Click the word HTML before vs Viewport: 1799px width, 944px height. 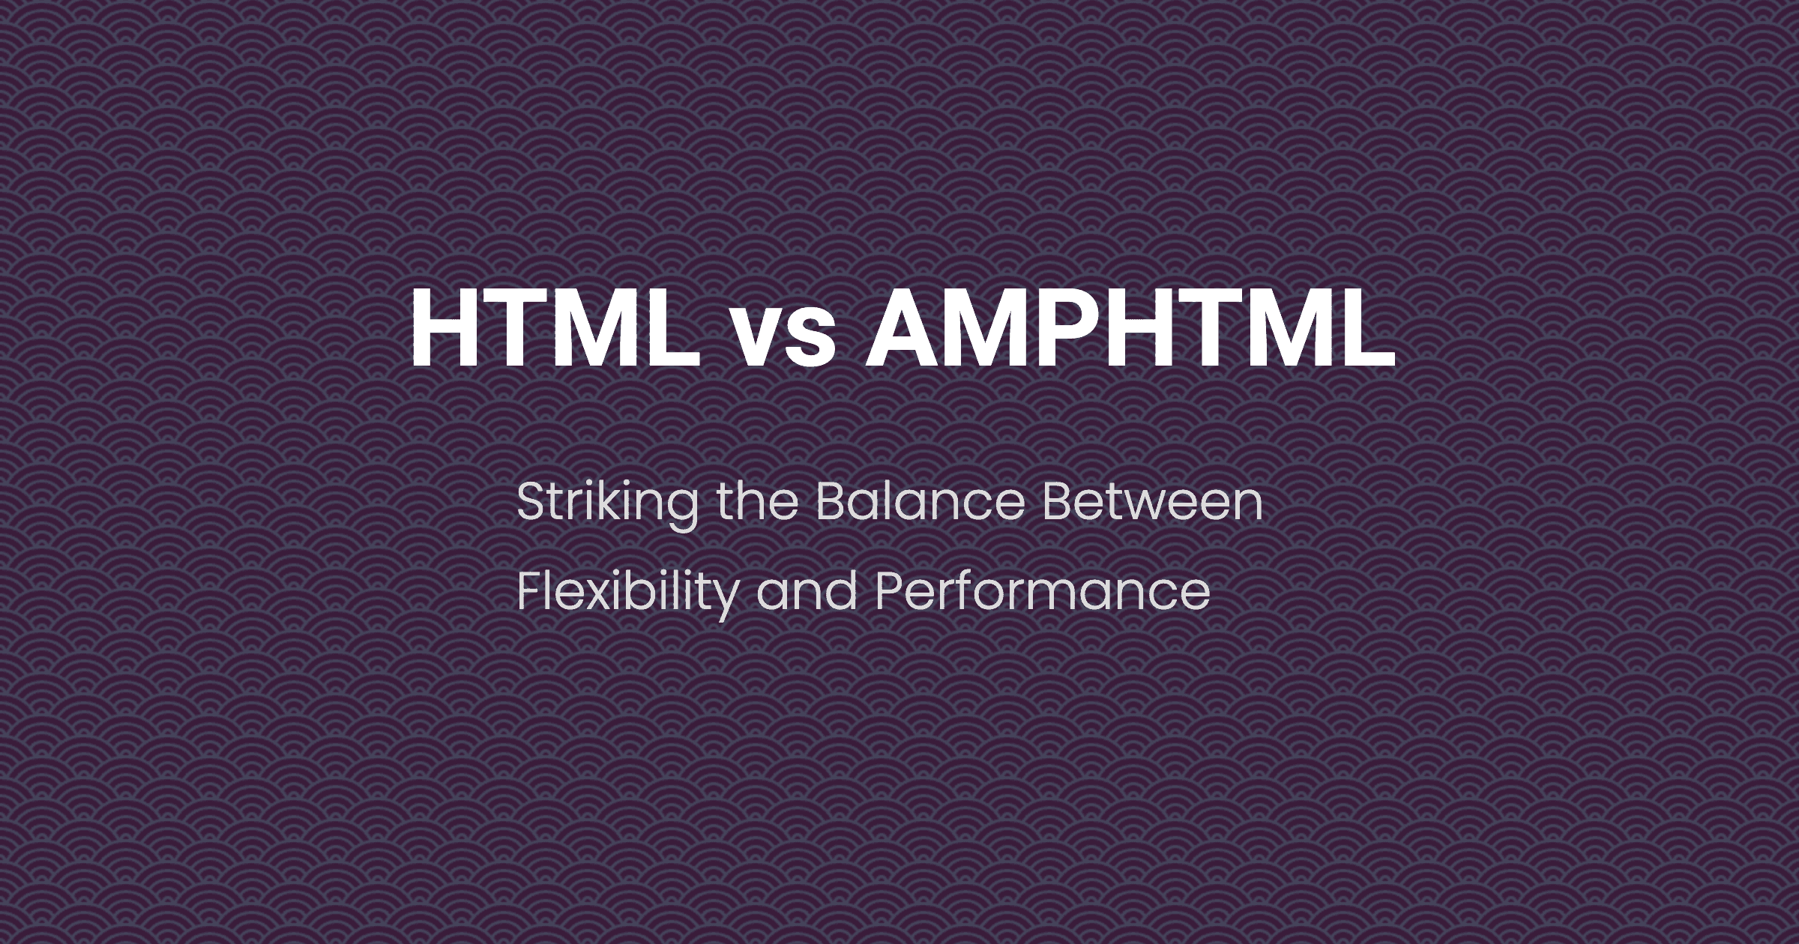[x=555, y=327]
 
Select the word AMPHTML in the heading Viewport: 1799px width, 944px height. [x=1130, y=327]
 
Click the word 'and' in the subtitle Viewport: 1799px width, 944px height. [x=807, y=591]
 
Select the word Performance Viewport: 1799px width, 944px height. [x=1042, y=591]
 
